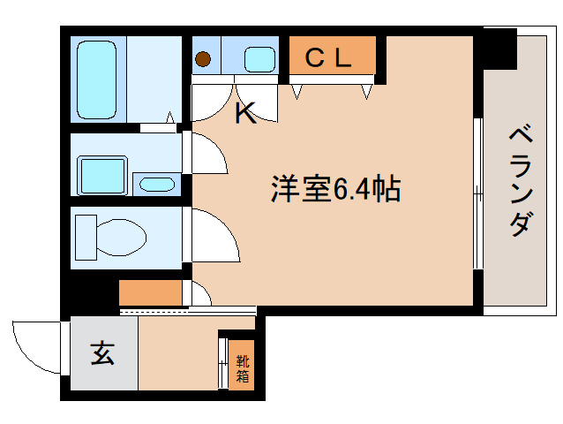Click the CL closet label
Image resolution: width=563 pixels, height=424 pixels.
pos(328,59)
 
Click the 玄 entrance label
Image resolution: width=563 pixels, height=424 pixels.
pos(102,354)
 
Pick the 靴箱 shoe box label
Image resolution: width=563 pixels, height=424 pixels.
pos(241,367)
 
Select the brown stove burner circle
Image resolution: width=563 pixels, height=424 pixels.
pos(204,61)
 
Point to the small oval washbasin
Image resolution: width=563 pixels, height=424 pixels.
pos(157,185)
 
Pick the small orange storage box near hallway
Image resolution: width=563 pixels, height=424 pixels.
pos(150,292)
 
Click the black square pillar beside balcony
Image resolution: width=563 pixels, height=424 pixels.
pos(499,49)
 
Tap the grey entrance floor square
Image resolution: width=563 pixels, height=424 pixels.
pos(103,354)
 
